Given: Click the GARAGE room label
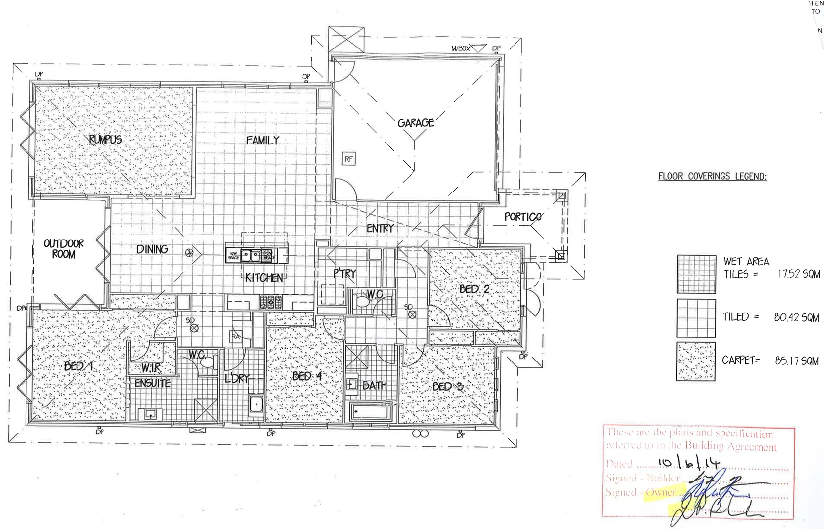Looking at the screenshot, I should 415,122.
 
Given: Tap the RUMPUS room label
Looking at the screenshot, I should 105,140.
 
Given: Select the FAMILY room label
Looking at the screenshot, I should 262,141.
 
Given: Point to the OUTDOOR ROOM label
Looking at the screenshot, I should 64,249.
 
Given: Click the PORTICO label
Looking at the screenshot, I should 523,216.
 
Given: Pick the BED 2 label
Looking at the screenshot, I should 474,289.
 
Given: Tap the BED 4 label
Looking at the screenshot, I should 307,376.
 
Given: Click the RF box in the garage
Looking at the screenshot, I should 348,159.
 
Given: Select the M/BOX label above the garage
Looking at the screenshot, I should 461,48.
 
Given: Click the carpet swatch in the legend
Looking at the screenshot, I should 695,361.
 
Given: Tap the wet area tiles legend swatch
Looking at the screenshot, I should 695,274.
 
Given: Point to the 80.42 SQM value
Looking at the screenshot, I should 796,317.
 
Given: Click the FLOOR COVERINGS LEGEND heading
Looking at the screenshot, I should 712,176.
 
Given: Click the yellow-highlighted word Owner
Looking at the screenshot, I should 662,492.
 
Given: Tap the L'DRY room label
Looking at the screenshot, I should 237,378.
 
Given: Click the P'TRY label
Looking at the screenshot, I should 344,273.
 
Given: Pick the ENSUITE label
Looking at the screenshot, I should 153,384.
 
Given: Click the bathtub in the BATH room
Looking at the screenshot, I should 371,412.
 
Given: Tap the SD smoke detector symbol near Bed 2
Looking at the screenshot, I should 412,314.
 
